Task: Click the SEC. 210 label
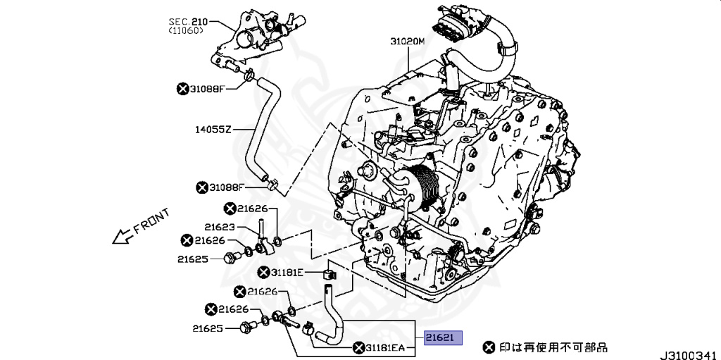pos(188,22)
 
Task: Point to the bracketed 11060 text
pos(186,30)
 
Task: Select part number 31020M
pos(408,42)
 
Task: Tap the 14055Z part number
pos(213,130)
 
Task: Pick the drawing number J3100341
pos(690,356)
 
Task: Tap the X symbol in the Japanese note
pos(489,347)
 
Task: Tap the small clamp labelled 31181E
pos(330,272)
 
